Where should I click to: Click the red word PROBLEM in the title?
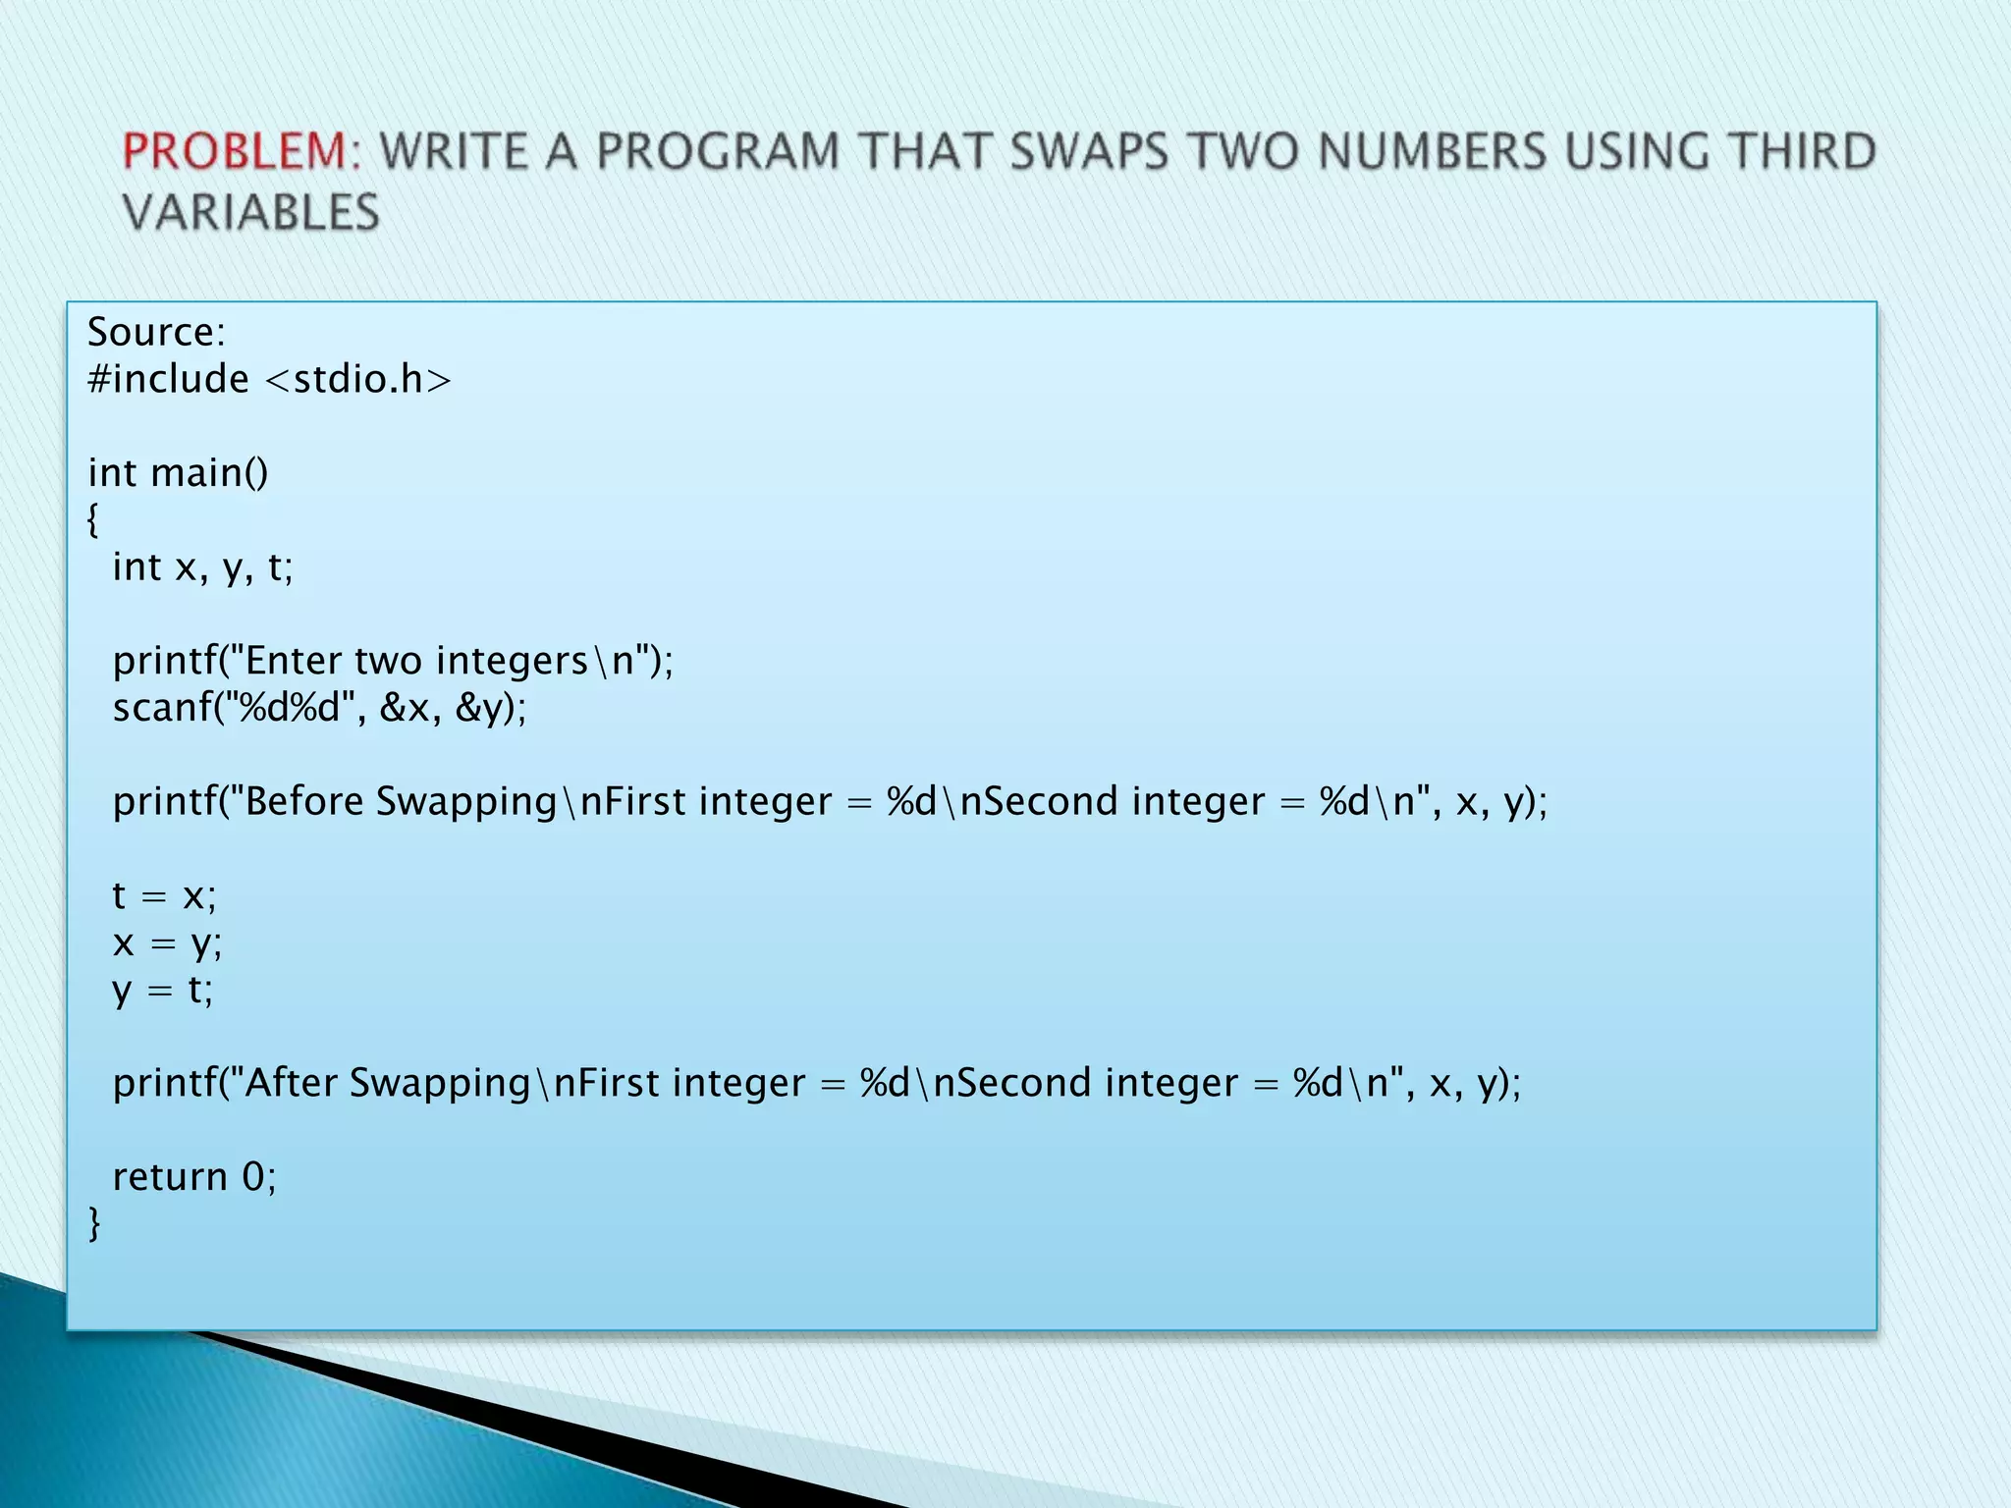click(x=235, y=152)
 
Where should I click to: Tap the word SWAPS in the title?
click(x=1089, y=152)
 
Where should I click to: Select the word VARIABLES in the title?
click(x=251, y=213)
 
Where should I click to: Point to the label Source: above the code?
click(x=156, y=332)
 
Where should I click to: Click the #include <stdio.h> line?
click(x=269, y=379)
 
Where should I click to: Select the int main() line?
click(x=178, y=472)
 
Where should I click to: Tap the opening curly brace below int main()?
click(x=93, y=519)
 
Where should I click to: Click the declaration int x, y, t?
click(x=202, y=566)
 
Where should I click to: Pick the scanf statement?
click(x=319, y=707)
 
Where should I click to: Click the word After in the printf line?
click(x=291, y=1083)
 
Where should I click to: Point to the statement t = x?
click(x=164, y=895)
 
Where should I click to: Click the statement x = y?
click(x=167, y=942)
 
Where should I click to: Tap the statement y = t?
click(x=163, y=990)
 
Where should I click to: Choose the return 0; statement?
click(x=194, y=1176)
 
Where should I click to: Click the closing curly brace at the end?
click(x=94, y=1223)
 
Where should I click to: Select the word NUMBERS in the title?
click(x=1432, y=152)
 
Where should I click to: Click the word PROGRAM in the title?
click(x=717, y=152)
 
